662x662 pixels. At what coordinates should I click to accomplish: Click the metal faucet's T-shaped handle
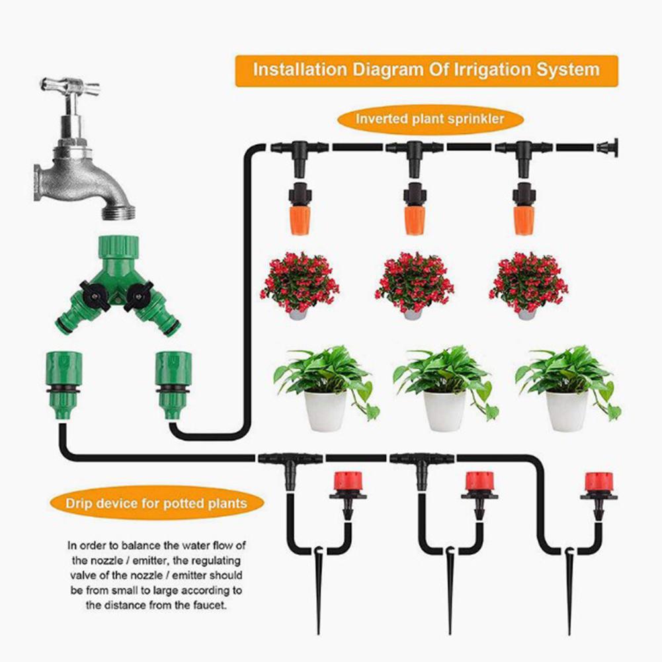[69, 85]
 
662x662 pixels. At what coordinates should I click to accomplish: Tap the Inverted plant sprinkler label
[430, 119]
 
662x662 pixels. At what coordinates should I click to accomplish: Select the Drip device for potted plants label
[156, 504]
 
